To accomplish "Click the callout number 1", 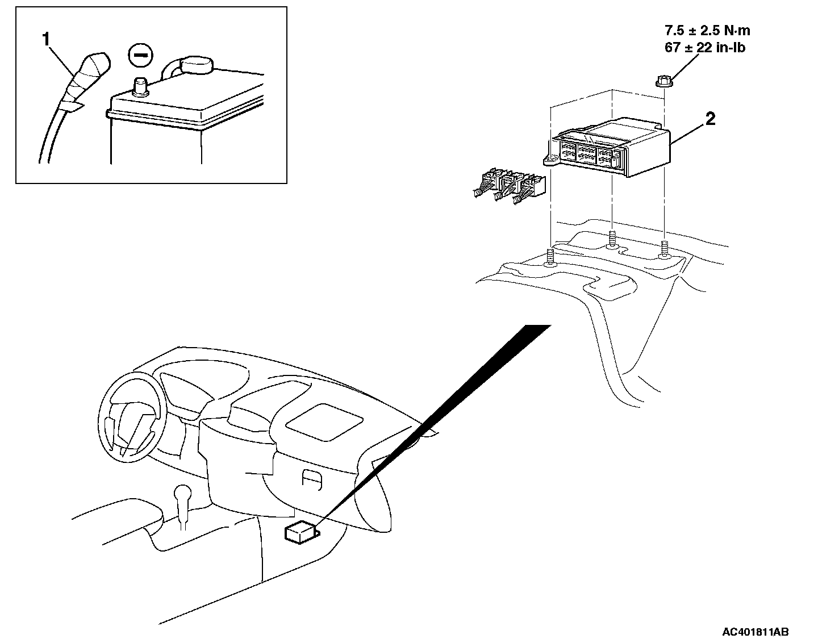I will [47, 40].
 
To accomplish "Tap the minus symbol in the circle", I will [140, 55].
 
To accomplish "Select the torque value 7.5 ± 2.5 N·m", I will [707, 31].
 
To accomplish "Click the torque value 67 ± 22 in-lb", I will [704, 48].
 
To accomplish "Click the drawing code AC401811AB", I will [755, 632].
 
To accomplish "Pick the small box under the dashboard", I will [300, 532].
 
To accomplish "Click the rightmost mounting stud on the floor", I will [663, 250].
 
